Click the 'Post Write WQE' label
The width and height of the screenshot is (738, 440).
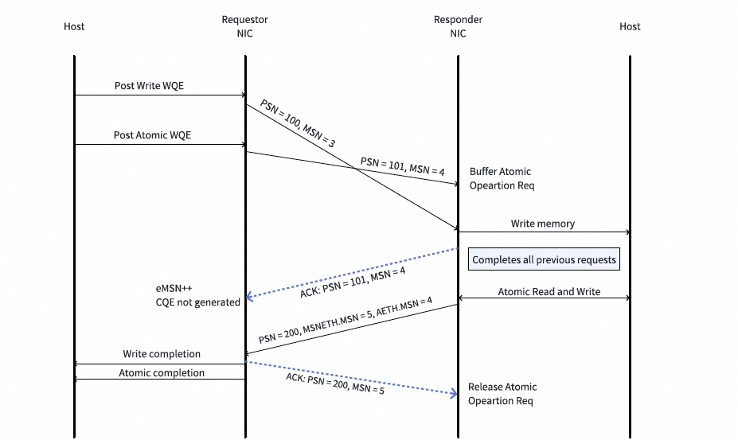(149, 85)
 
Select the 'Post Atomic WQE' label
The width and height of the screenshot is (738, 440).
(152, 135)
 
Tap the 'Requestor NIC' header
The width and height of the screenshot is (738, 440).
(244, 26)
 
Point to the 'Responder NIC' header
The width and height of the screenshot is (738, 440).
(458, 26)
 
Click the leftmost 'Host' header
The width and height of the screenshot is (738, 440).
(74, 26)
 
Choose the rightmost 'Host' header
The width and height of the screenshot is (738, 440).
(630, 26)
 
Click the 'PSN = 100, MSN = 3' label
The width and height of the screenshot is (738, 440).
(297, 123)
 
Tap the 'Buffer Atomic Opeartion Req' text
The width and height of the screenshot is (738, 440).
(501, 178)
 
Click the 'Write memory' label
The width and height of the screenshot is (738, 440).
(543, 224)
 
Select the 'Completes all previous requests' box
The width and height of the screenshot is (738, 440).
(544, 259)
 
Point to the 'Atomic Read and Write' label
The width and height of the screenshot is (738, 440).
(549, 291)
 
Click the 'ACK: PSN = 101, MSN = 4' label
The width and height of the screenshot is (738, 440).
(353, 284)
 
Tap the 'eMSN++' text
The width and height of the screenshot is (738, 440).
(174, 287)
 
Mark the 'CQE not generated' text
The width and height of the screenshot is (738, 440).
(197, 302)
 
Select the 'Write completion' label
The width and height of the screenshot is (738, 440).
(162, 353)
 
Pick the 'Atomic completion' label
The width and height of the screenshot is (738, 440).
(162, 372)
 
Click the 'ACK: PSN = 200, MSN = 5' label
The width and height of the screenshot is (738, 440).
(334, 384)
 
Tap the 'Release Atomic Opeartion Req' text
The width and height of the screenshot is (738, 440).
(502, 394)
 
